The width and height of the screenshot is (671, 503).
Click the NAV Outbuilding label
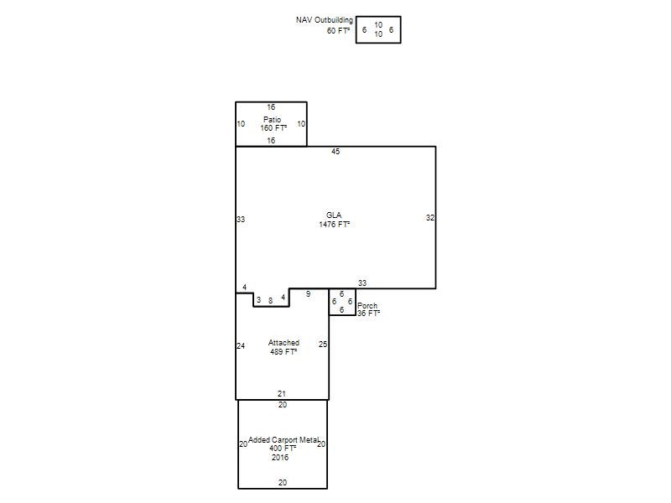325,20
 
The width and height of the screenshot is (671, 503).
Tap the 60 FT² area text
338,30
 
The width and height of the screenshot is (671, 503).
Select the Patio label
272,120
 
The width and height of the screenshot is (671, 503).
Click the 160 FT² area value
273,128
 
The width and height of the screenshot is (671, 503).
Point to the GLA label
334,215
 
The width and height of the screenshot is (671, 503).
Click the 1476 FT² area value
334,224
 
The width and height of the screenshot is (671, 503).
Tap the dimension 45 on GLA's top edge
335,152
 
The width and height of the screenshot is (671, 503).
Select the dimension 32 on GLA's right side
430,218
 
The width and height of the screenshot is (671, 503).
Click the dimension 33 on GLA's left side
241,220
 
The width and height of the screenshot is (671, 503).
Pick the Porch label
367,306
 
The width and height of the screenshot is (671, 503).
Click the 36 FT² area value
368,313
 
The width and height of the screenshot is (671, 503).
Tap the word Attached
283,343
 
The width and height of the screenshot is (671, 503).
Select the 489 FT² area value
283,351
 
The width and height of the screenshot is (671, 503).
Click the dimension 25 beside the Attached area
323,345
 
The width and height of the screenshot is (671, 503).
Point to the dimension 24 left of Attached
241,346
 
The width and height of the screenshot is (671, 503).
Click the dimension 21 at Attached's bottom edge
282,393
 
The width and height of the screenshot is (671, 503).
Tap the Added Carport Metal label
283,440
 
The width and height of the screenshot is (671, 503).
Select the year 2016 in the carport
280,457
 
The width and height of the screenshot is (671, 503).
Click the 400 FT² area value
283,449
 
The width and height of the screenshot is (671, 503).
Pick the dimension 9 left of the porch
308,294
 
